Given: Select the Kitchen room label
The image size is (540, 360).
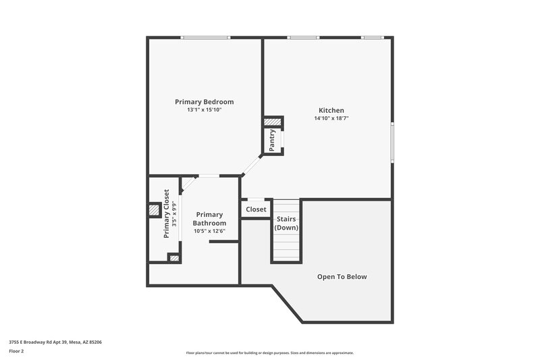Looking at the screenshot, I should coord(331,110).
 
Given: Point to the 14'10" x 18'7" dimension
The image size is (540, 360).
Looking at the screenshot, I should coord(331,118).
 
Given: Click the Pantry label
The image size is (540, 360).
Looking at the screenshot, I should coord(272,140).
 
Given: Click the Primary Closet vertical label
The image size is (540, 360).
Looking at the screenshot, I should coord(166,214).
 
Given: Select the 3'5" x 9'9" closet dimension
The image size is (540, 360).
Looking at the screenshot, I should coord(174,214).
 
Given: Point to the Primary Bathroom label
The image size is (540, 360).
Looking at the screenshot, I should coord(209,219).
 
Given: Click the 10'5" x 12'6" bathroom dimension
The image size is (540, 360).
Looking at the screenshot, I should coord(209,231).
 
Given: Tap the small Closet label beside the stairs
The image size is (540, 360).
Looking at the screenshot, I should coord(256,209).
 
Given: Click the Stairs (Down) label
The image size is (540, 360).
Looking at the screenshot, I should coord(286,224).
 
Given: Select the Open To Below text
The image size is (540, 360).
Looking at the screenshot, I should coord(342,277).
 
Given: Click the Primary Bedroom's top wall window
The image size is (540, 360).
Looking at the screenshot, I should coord(205,37).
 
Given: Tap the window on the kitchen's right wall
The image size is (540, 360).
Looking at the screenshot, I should coord(392,142).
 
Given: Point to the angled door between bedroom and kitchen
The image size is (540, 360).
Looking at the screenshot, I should coord(252,164).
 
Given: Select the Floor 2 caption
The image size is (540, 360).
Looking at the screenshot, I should coord(17,351).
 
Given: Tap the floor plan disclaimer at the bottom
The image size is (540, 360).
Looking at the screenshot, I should coord(270,353).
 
